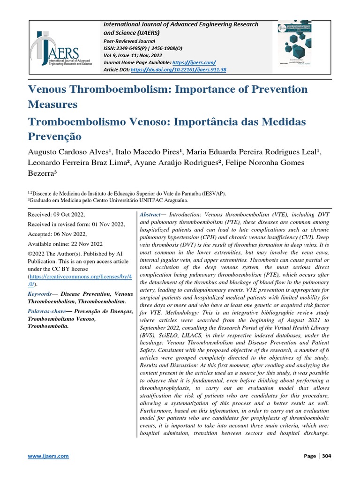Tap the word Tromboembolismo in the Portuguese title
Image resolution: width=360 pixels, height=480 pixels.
point(96,121)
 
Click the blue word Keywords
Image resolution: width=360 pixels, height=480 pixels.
point(39,293)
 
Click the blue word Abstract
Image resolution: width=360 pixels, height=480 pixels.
point(150,214)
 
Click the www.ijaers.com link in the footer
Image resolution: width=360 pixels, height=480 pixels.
point(49,456)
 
